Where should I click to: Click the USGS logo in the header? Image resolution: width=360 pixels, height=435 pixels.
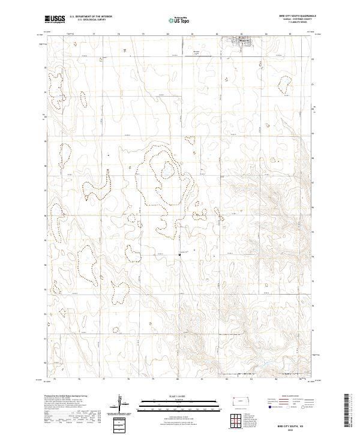tap(55, 19)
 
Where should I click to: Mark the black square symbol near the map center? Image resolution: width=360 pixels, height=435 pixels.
tap(180, 256)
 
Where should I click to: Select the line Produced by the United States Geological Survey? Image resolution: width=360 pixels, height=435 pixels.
tap(69, 397)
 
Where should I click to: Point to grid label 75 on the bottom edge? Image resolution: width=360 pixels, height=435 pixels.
tap(55, 379)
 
